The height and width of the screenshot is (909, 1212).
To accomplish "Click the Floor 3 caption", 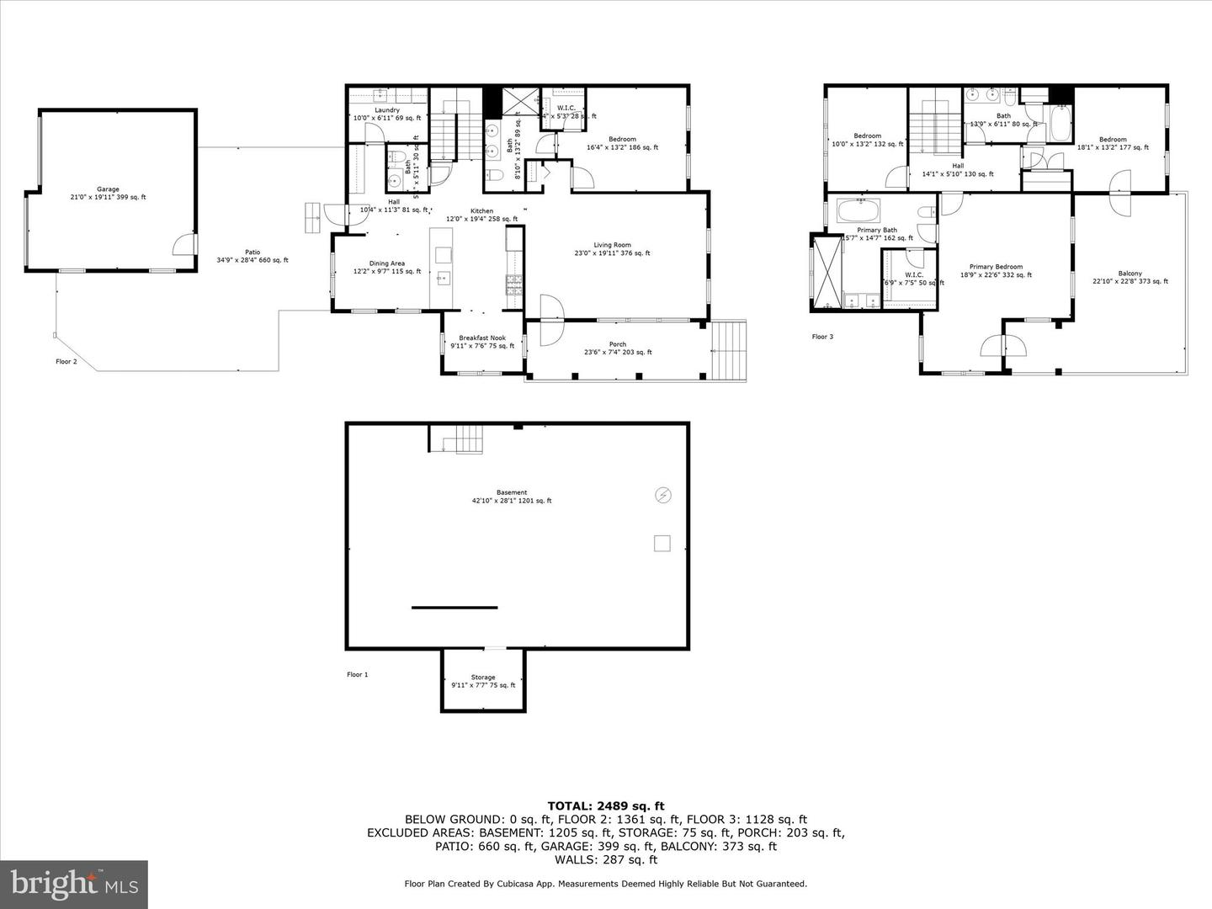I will click(822, 337).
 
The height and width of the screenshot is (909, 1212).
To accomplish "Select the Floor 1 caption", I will click(358, 674).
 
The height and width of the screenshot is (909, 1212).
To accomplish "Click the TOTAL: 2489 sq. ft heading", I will click(606, 805).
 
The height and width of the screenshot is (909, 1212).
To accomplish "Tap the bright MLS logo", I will click(74, 884).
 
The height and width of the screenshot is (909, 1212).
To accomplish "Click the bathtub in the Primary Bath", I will click(858, 210).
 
